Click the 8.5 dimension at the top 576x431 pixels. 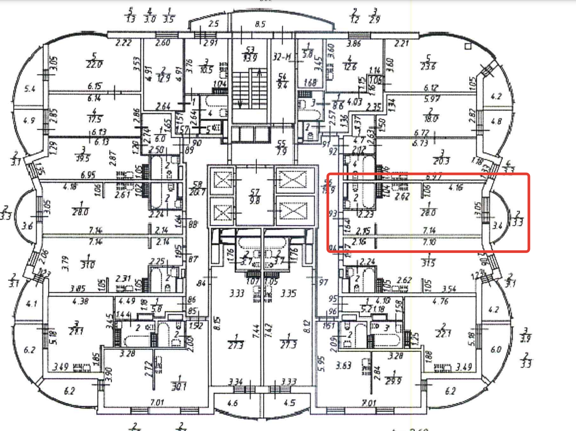(259, 24)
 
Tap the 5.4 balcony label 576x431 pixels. (30, 89)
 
